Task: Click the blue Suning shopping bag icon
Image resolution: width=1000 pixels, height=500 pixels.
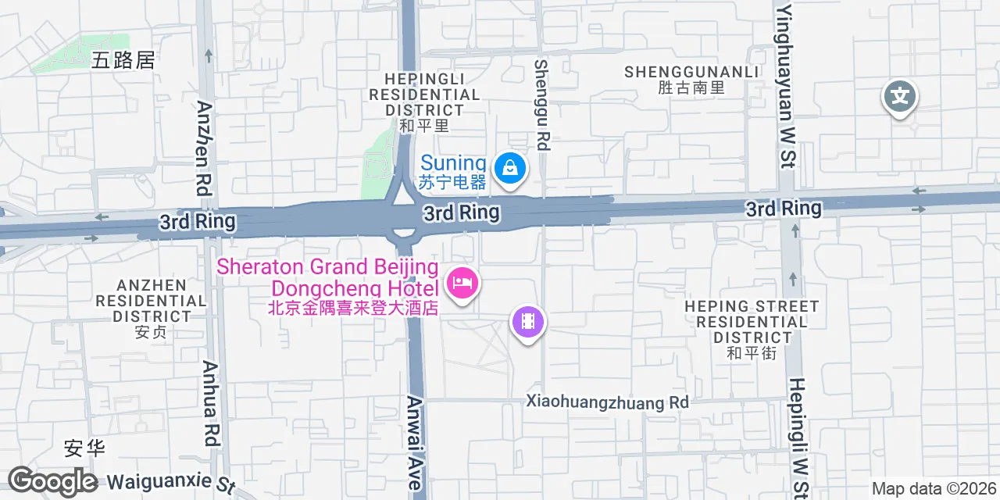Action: pyautogui.click(x=510, y=168)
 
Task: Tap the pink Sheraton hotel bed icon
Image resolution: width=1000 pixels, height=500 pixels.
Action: pyautogui.click(x=462, y=283)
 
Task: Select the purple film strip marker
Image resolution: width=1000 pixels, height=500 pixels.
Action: pyautogui.click(x=527, y=321)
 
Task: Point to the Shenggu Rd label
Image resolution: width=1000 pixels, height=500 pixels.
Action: pyautogui.click(x=541, y=105)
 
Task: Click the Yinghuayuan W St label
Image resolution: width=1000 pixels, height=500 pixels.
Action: pyautogui.click(x=785, y=87)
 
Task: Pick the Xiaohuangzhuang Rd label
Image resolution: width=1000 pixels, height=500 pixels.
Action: pyautogui.click(x=607, y=402)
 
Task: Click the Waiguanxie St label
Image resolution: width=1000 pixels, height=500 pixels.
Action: pyautogui.click(x=170, y=481)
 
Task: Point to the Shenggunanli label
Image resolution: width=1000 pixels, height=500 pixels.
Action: pyautogui.click(x=691, y=79)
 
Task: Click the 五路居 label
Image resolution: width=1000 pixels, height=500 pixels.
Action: pyautogui.click(x=123, y=60)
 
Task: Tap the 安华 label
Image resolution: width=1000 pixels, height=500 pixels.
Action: pyautogui.click(x=84, y=448)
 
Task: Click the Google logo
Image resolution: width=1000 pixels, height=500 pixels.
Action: pyautogui.click(x=52, y=481)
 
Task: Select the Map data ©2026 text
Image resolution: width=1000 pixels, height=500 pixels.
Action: pyautogui.click(x=934, y=489)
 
